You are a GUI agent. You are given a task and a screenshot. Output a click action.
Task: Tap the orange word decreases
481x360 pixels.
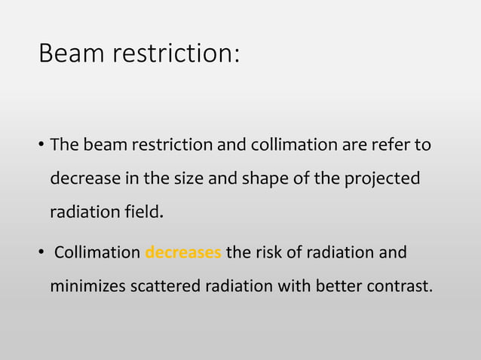182,252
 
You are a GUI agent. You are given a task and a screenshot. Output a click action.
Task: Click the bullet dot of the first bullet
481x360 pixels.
41,145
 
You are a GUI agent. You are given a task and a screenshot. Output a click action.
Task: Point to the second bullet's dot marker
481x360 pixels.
41,253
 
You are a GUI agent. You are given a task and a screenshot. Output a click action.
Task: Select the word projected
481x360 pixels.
384,179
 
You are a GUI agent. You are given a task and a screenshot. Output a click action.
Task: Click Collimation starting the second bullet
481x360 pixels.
97,252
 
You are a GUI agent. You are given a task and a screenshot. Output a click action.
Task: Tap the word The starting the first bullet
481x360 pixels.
63,144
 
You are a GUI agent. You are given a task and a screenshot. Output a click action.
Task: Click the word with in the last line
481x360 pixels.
284,287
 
